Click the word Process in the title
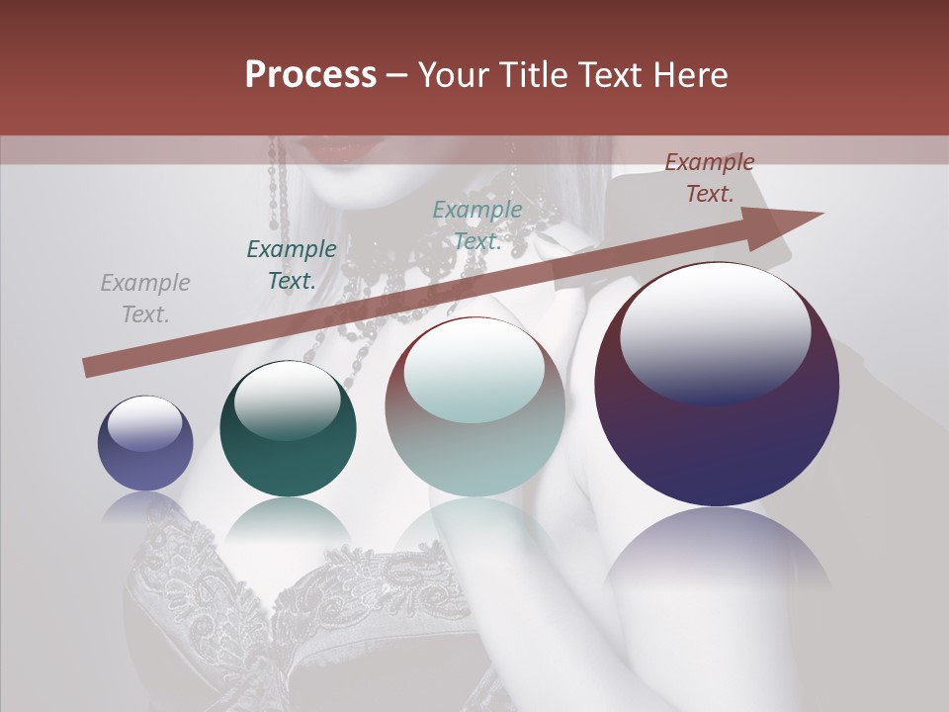pyautogui.click(x=310, y=75)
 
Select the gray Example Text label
pyautogui.click(x=145, y=299)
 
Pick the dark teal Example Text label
pyautogui.click(x=292, y=265)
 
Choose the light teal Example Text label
pyautogui.click(x=477, y=225)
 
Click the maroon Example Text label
pyautogui.click(x=709, y=178)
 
